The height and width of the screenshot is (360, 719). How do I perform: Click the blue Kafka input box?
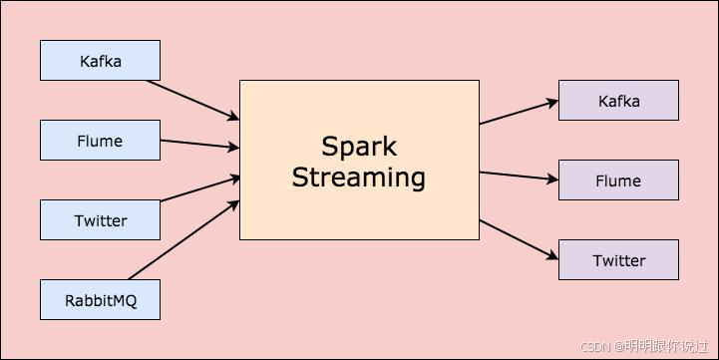pyautogui.click(x=100, y=61)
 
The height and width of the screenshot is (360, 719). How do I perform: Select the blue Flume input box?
pyautogui.click(x=100, y=141)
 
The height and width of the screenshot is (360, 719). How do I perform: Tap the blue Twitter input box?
pyautogui.click(x=100, y=220)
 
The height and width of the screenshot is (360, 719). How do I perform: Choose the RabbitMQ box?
pyautogui.click(x=100, y=300)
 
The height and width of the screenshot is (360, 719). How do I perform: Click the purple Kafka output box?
pyautogui.click(x=618, y=101)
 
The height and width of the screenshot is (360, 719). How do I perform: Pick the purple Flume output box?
pyautogui.click(x=618, y=180)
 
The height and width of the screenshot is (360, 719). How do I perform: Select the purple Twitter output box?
pyautogui.click(x=618, y=260)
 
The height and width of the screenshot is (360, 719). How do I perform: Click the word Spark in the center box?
pyautogui.click(x=359, y=147)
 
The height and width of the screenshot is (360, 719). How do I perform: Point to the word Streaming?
pyautogui.click(x=359, y=178)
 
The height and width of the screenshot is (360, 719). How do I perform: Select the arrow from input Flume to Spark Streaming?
pyautogui.click(x=199, y=145)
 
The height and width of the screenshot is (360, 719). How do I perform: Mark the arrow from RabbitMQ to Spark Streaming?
pyautogui.click(x=184, y=240)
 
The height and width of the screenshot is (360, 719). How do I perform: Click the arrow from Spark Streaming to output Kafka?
pyautogui.click(x=519, y=112)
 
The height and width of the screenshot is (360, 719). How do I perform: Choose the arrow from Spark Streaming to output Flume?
pyautogui.click(x=519, y=177)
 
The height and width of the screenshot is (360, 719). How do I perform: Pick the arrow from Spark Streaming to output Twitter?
pyautogui.click(x=519, y=239)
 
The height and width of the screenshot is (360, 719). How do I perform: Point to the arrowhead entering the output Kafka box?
pyautogui.click(x=551, y=102)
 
